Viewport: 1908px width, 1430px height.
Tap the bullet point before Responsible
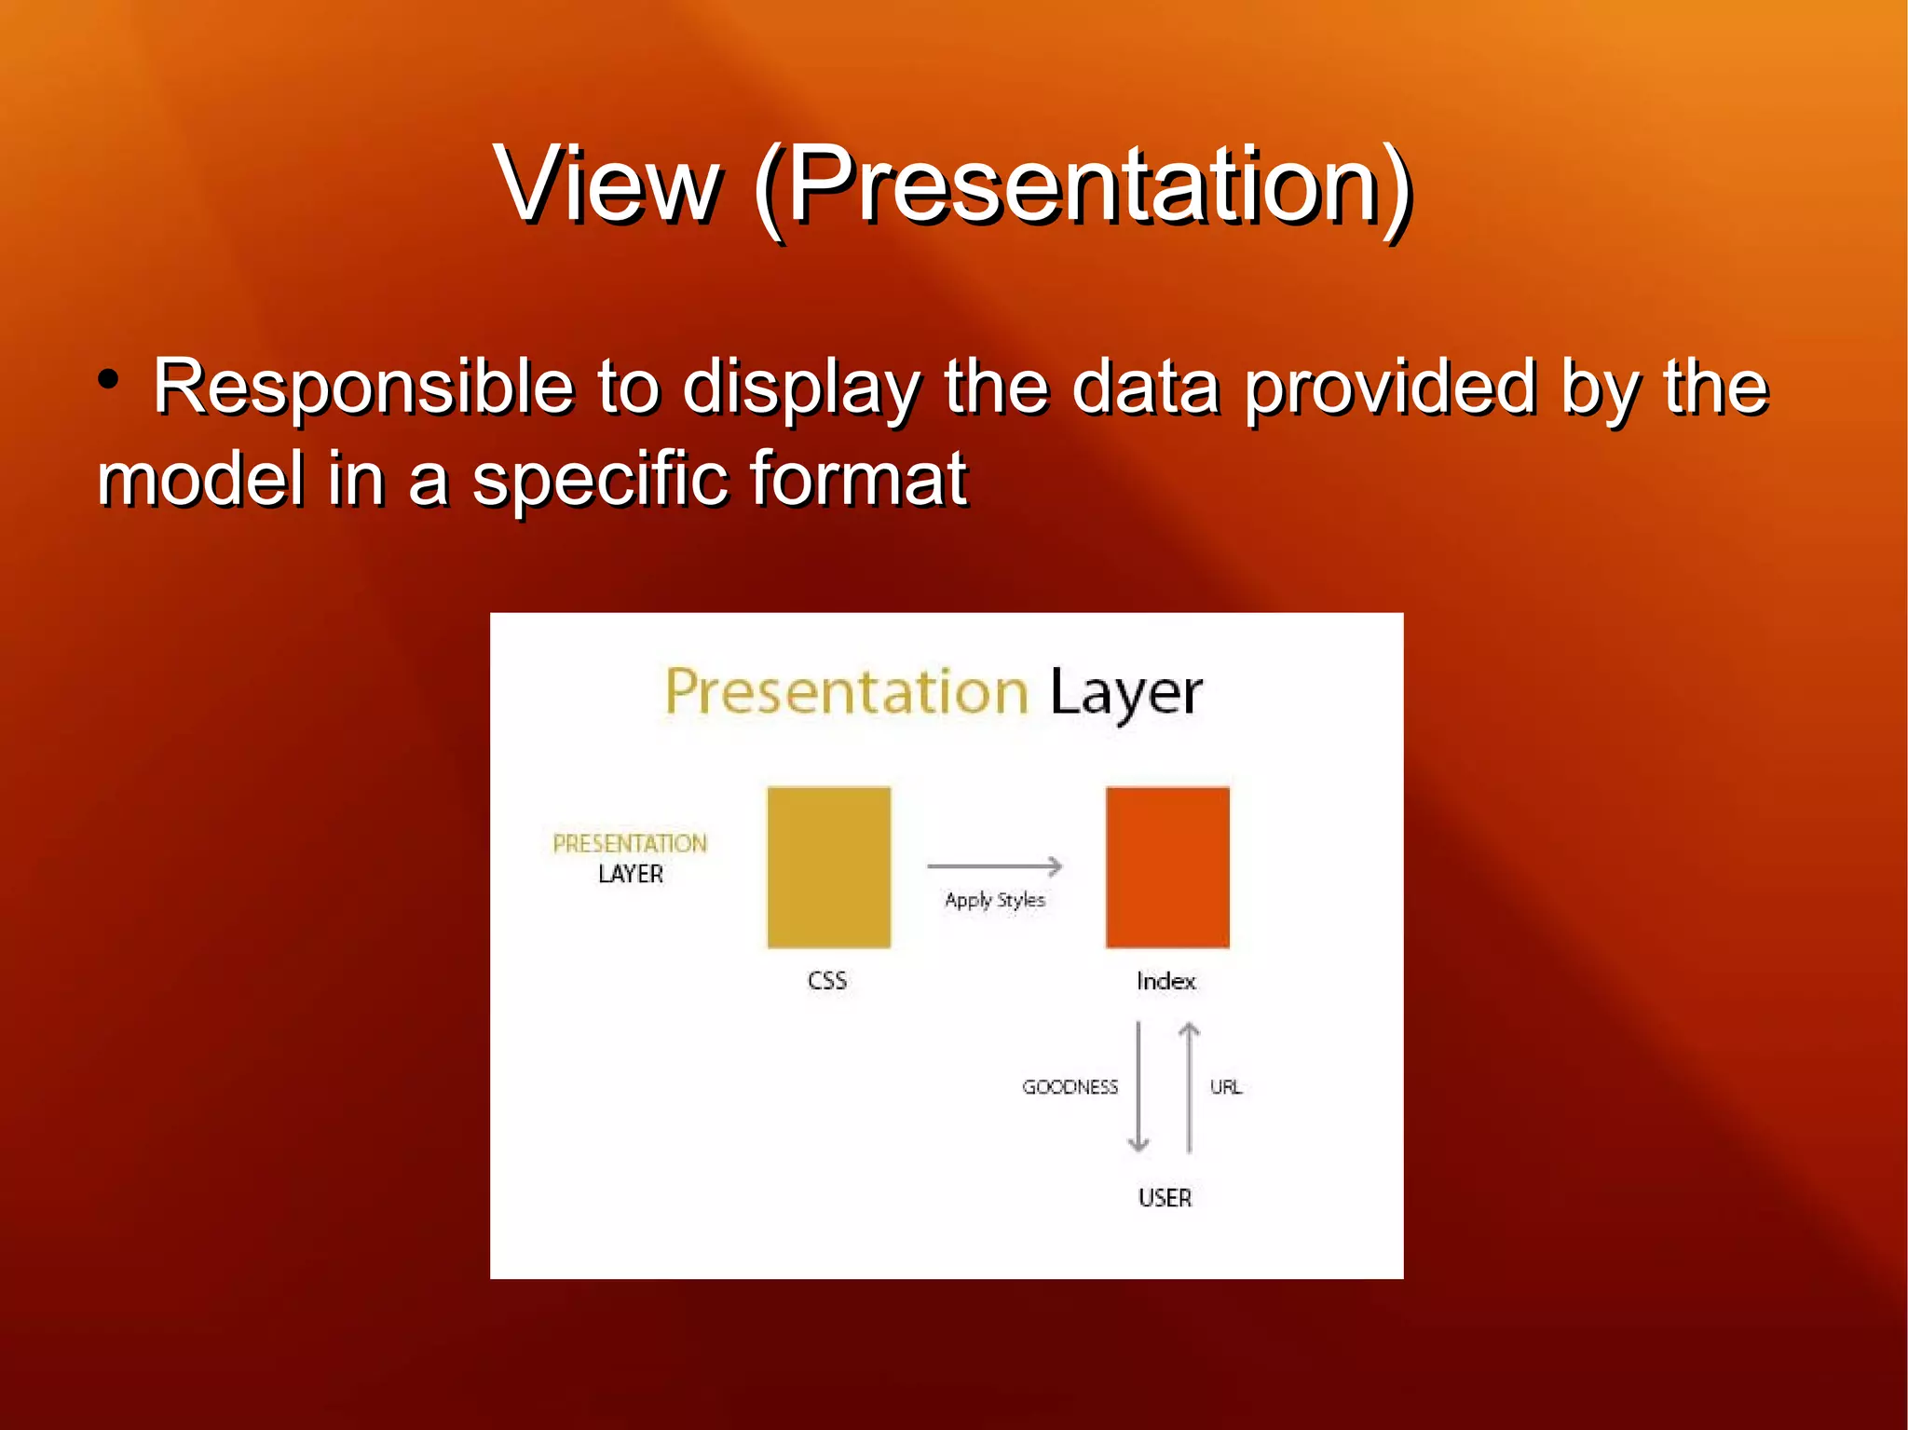(x=109, y=380)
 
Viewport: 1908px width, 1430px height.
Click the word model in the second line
(x=200, y=480)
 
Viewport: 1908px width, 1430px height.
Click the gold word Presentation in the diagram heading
(x=846, y=693)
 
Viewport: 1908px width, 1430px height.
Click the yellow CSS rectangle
(x=828, y=867)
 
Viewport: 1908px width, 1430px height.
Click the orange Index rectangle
(x=1167, y=867)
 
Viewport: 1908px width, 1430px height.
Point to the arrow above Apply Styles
(x=994, y=866)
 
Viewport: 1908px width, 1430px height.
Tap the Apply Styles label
(x=994, y=900)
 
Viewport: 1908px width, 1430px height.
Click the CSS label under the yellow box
(x=827, y=981)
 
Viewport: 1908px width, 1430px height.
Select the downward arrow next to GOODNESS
(x=1138, y=1086)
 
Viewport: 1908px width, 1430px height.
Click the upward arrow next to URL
(x=1189, y=1086)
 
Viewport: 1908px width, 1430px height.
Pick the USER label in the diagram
(x=1165, y=1198)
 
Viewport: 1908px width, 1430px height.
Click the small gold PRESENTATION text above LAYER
(x=630, y=844)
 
